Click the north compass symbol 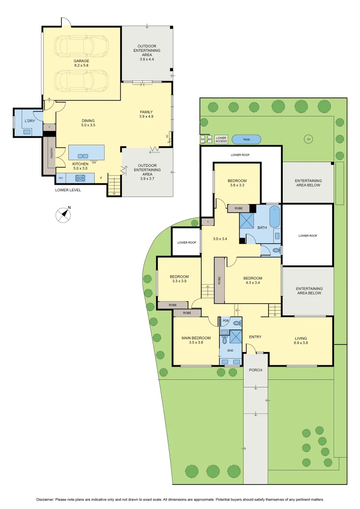63,214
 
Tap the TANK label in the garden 246,140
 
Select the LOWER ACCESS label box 221,140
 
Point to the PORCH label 255,370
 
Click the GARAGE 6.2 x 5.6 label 81,63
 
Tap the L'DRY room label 30,122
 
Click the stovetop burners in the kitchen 79,178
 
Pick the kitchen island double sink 82,156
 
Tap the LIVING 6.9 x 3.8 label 301,340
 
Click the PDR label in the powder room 225,321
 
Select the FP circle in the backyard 309,140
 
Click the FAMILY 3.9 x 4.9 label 147,114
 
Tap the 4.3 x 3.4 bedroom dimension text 253,283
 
